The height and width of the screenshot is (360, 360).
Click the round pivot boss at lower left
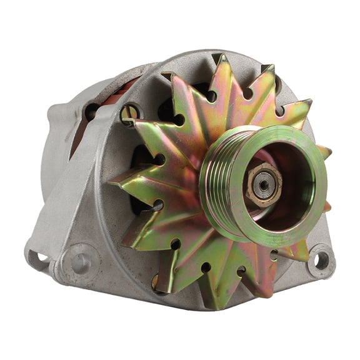coord(81,262)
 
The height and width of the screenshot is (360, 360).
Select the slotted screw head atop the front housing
coord(131,113)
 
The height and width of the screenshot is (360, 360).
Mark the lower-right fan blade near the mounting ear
coord(294,250)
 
